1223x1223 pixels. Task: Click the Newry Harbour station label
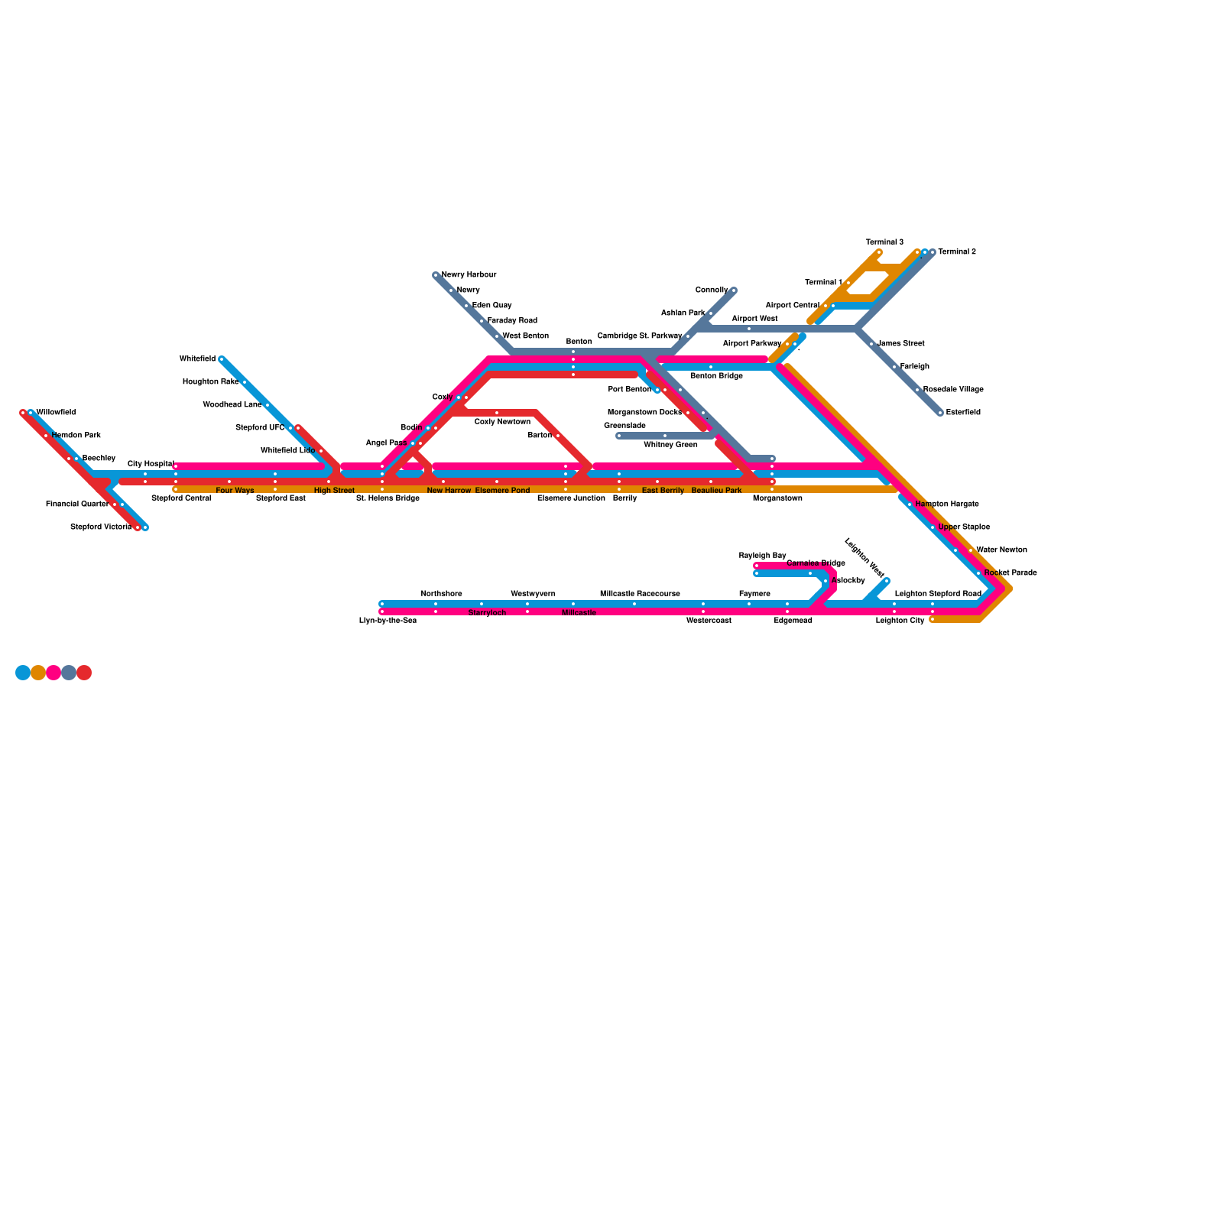[x=469, y=275]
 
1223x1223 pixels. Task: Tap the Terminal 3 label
[x=884, y=242]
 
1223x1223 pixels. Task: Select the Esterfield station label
[x=962, y=413]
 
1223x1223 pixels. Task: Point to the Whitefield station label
[x=197, y=359]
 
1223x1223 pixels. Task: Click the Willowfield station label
[x=56, y=413]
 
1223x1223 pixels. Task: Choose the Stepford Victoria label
[x=100, y=527]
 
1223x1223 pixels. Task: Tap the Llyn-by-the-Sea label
[x=388, y=621]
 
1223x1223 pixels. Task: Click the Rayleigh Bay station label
[x=762, y=556]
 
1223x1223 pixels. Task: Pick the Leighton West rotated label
[x=864, y=558]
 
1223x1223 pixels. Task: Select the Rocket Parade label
[x=1010, y=573]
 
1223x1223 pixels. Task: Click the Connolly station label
[x=711, y=290]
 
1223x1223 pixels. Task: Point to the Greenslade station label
[x=624, y=426]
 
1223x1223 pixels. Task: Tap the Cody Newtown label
[x=502, y=422]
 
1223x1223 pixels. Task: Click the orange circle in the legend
[x=38, y=673]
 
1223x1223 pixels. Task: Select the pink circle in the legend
[x=54, y=673]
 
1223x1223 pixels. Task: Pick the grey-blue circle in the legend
[x=69, y=673]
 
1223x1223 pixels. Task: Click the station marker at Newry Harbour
[x=436, y=275]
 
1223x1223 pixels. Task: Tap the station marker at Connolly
[x=733, y=290]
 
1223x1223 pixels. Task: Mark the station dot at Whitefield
[x=222, y=359]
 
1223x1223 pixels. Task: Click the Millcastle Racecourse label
[x=640, y=594]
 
